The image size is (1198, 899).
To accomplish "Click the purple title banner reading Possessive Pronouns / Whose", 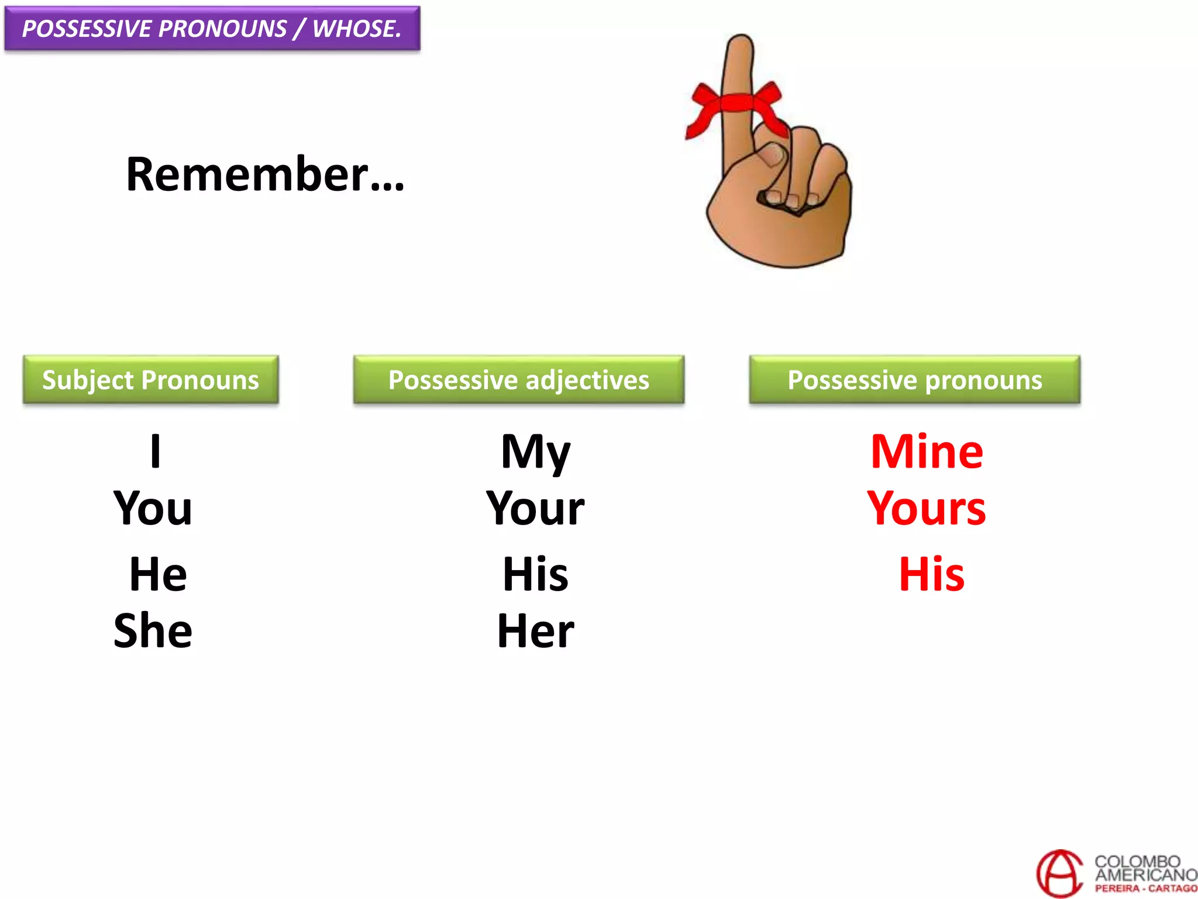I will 212,28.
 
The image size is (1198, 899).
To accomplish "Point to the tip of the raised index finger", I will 741,44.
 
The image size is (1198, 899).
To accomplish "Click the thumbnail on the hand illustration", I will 772,155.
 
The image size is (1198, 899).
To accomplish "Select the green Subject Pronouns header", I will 150,380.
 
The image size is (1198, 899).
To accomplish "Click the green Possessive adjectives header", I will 518,380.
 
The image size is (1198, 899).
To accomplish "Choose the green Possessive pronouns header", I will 914,380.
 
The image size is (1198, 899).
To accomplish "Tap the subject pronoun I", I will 155,451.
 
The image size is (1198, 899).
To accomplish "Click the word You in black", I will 153,508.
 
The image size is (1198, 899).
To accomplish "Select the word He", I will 158,574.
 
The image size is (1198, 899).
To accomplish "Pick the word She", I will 153,631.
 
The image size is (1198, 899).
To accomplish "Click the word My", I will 535,452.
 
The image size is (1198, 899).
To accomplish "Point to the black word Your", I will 535,508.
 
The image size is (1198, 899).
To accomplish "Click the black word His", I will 535,574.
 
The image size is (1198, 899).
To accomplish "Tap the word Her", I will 535,631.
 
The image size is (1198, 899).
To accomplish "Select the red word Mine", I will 927,451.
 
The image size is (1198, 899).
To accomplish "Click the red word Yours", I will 927,508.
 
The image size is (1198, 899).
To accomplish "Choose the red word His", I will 931,574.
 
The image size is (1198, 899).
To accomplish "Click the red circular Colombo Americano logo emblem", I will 1059,874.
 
